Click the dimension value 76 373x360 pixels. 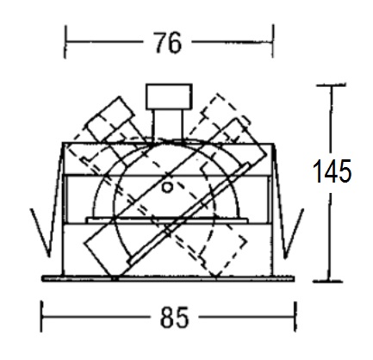coord(169,42)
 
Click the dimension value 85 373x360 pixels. coord(174,317)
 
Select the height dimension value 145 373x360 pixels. coord(332,171)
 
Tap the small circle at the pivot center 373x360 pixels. coord(167,188)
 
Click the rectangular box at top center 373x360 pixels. coord(169,96)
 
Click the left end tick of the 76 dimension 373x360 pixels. coord(65,42)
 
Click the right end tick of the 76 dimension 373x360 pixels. coord(272,42)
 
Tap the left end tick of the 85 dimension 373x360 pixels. coord(42,317)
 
